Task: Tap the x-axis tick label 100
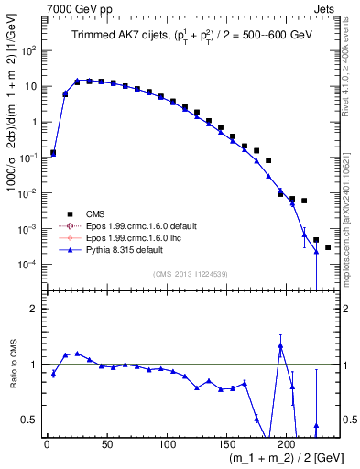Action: tap(167, 444)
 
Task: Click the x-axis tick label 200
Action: tap(287, 444)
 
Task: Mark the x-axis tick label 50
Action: tap(106, 444)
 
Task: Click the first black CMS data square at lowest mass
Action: tap(53, 153)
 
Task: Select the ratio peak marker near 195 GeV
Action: tap(280, 346)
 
